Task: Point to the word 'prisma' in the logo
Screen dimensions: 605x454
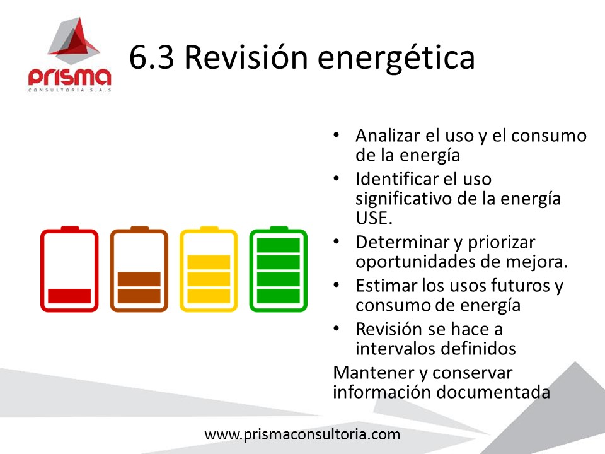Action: [69, 77]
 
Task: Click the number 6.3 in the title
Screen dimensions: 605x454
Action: [152, 57]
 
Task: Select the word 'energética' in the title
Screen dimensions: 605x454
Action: [396, 58]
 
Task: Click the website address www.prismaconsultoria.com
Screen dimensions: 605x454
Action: [302, 434]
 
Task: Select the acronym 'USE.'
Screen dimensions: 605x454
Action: [374, 218]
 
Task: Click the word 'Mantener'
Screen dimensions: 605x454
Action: [374, 373]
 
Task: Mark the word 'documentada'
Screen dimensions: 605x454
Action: [493, 392]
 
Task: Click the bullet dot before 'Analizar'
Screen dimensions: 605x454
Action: [336, 135]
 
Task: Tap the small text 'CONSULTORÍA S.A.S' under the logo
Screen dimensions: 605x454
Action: [69, 90]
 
